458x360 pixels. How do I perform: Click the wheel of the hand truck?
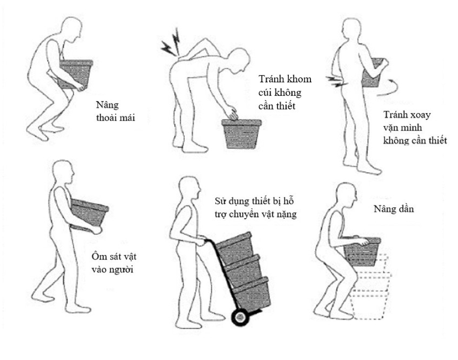coord(240,317)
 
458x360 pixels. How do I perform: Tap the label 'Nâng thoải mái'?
coord(115,111)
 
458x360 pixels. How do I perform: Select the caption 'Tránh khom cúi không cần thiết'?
coord(285,92)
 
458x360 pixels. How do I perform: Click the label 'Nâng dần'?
coord(394,209)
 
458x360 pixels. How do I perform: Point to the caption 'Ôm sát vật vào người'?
coord(114,263)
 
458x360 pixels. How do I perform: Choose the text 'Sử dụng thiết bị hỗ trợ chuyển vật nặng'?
coord(255,207)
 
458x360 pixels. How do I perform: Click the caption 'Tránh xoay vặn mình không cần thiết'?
coord(415,128)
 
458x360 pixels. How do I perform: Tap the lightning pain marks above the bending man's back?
coord(171,42)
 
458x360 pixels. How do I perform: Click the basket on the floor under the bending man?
coord(241,134)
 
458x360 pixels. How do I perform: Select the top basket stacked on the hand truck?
coord(234,248)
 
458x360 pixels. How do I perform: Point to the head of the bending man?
coord(239,60)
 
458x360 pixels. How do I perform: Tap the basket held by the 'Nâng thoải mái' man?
coord(76,74)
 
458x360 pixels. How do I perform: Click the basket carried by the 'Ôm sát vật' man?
coord(89,215)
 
